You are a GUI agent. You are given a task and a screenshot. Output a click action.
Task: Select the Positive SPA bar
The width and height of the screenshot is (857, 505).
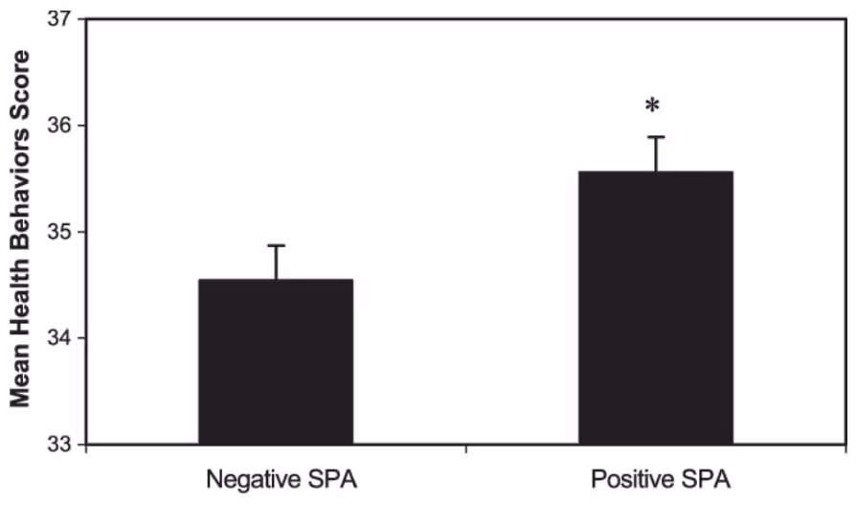[x=656, y=308]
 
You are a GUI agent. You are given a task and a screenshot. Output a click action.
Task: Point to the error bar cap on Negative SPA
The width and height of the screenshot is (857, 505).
[x=277, y=246]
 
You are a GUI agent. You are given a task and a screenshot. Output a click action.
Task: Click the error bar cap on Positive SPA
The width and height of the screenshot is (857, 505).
[x=655, y=137]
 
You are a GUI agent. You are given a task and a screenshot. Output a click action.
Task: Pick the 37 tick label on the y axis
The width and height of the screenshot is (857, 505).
[x=60, y=19]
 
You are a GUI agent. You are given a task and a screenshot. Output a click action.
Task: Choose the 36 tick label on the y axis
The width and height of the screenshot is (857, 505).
[x=60, y=126]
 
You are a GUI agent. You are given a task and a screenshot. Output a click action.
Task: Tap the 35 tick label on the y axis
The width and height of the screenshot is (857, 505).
[x=60, y=232]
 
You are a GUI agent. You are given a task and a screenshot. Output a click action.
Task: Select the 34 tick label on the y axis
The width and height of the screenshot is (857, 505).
[x=60, y=338]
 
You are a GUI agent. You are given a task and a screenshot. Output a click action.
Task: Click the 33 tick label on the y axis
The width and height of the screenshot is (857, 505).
[x=60, y=444]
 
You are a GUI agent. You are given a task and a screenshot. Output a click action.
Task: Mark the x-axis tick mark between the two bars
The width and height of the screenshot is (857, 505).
[x=466, y=448]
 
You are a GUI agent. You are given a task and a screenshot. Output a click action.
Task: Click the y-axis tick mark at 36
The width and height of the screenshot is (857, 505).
[x=81, y=126]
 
